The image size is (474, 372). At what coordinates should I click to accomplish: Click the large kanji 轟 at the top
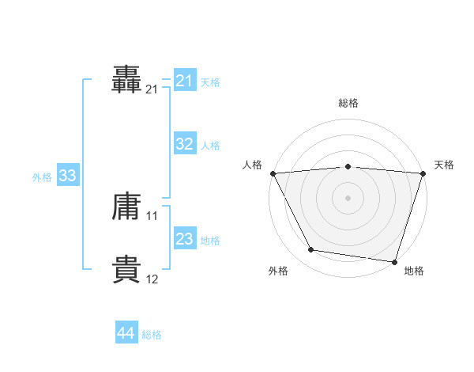tap(127, 80)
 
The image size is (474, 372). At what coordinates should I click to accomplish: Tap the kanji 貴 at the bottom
tap(127, 270)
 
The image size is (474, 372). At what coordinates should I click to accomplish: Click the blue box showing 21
tap(185, 81)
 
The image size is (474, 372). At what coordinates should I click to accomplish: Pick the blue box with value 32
tap(185, 144)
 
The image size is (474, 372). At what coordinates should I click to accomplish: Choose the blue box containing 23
tap(185, 239)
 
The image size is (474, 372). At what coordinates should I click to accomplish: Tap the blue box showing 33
tap(67, 176)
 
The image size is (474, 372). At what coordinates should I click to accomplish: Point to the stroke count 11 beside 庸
tap(152, 215)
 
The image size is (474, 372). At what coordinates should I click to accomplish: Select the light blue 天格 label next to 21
tap(210, 82)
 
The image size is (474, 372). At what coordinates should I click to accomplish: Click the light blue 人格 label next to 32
tap(210, 145)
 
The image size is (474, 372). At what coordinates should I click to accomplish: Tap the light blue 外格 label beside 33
tap(42, 177)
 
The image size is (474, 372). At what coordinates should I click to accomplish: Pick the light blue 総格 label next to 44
tap(152, 335)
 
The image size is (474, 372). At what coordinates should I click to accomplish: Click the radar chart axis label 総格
tap(348, 103)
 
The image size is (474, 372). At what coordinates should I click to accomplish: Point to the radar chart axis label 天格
tap(445, 165)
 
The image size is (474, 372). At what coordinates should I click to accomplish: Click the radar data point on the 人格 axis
tap(273, 173)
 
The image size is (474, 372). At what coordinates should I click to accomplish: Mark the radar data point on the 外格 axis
tap(311, 250)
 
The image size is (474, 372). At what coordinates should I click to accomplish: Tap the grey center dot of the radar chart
tap(348, 198)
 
